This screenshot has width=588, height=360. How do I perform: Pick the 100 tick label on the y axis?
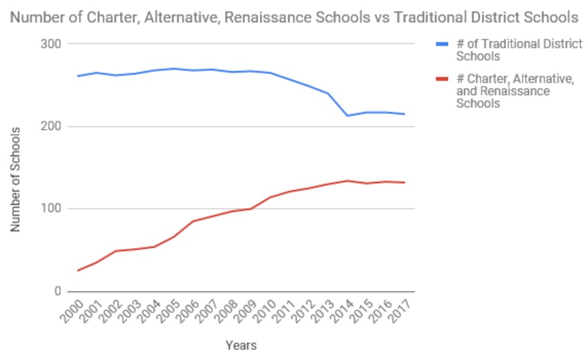click(x=52, y=209)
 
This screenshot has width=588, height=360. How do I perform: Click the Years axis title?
click(x=241, y=344)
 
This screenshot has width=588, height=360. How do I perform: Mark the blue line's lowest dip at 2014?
click(x=347, y=116)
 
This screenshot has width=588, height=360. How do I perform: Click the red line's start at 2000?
click(x=77, y=270)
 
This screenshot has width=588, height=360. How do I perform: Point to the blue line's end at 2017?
click(x=405, y=114)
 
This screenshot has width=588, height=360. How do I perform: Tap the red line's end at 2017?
click(x=405, y=182)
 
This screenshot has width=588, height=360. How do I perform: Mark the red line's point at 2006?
click(x=193, y=221)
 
